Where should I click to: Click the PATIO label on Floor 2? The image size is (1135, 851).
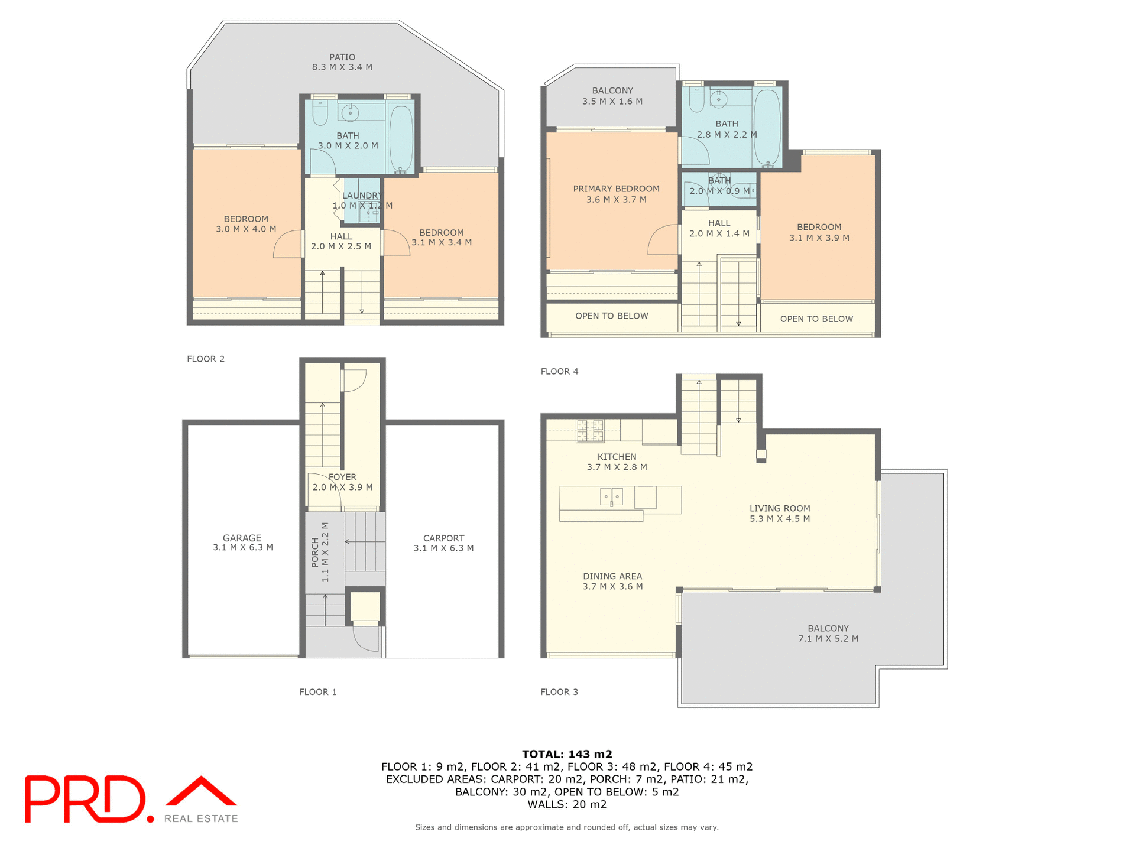[x=342, y=57]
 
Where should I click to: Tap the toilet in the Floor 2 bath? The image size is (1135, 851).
[x=320, y=113]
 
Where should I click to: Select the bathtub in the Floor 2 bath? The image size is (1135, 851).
[x=401, y=138]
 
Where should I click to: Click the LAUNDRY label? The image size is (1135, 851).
[x=362, y=196]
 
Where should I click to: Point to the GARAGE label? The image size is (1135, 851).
[x=242, y=538]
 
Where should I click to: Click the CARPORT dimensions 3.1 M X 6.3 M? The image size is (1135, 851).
[x=443, y=548]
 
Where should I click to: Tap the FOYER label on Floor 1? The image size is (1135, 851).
[x=342, y=477]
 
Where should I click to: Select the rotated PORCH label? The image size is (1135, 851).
[x=315, y=552]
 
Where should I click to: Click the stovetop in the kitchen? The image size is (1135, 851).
[x=590, y=431]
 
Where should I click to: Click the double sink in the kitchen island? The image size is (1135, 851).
[x=611, y=496]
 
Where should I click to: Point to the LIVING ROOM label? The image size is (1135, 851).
[x=780, y=508]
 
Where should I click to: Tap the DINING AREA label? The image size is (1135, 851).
[x=612, y=576]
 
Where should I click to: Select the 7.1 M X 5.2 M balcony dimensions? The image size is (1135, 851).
[x=828, y=639]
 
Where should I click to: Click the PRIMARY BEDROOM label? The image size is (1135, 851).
[x=616, y=189]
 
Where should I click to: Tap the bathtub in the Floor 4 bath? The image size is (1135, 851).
[x=767, y=126]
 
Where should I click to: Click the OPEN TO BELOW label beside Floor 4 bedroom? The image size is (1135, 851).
[x=816, y=319]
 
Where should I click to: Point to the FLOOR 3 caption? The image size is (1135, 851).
[x=559, y=692]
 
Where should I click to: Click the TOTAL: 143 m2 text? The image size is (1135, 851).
[x=567, y=754]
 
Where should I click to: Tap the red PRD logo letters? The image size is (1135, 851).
[x=86, y=799]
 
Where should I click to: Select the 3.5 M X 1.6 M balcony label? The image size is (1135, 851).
[x=612, y=102]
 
